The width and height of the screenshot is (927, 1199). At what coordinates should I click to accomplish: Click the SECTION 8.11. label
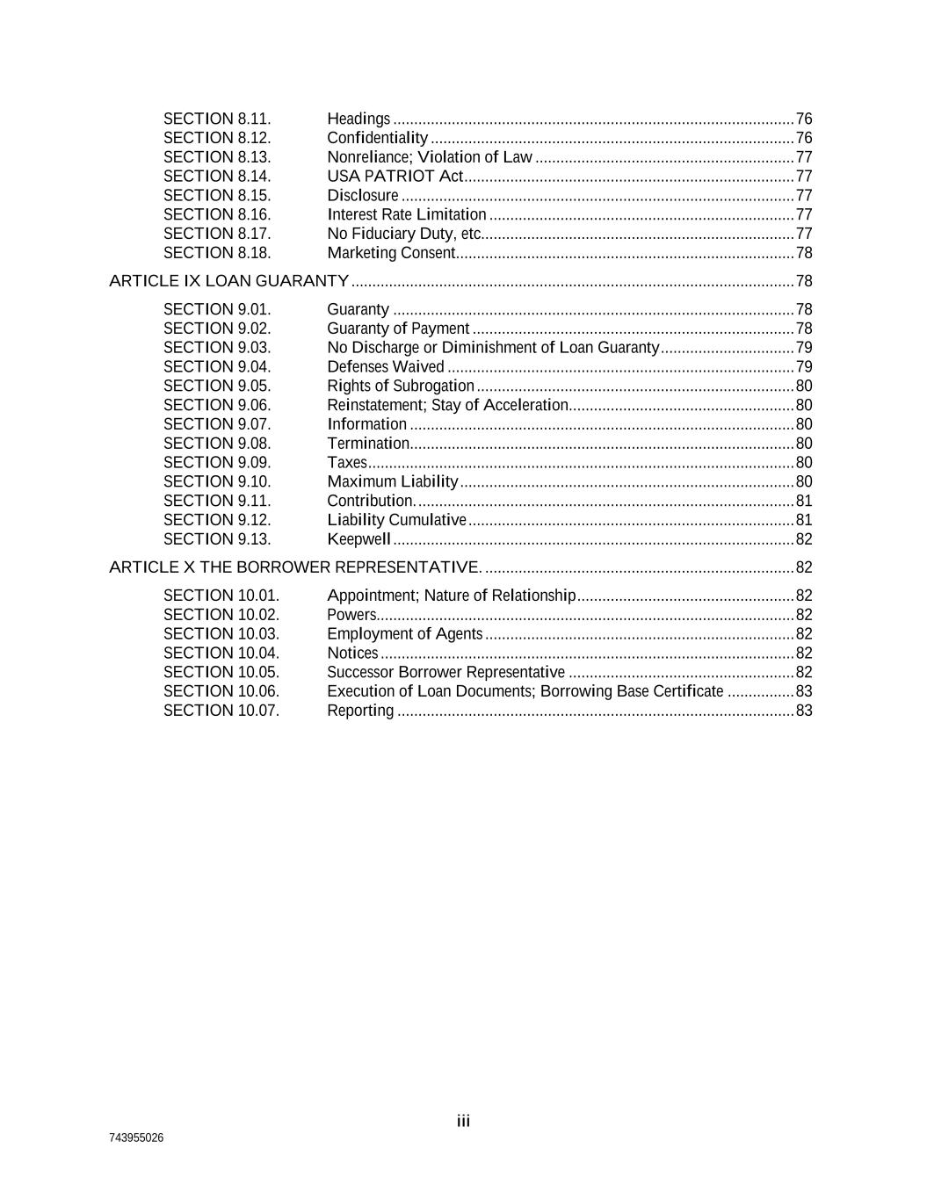pos(217,119)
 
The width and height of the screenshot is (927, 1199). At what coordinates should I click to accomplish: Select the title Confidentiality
pos(377,138)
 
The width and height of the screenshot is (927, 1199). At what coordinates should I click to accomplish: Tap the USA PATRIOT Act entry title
pos(395,176)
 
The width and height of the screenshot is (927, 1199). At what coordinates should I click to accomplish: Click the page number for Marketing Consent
pos(803,253)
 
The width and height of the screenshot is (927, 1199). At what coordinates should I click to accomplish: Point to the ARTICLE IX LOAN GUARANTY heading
pos(228,281)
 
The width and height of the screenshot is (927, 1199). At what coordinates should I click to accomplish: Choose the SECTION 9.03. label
pos(217,348)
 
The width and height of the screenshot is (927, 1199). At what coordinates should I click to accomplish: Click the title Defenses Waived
pos(385,367)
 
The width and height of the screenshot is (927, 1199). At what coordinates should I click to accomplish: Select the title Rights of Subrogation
pos(400,386)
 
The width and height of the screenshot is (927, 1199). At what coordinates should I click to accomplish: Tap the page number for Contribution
pos(803,501)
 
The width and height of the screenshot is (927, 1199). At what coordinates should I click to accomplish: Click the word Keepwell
pos(358,539)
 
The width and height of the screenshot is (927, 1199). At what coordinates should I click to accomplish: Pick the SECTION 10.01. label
pos(221,596)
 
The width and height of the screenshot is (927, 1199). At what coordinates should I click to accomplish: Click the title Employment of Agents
pos(404,634)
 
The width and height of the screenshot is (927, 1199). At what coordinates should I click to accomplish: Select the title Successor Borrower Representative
pos(445,673)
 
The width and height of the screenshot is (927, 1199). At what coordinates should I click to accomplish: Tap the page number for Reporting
pos(803,711)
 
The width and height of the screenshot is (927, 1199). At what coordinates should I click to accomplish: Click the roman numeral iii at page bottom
pos(463,1121)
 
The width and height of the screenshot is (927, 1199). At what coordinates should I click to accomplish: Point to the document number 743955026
pos(136,1138)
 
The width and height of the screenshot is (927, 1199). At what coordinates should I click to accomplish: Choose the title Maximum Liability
pos(392,481)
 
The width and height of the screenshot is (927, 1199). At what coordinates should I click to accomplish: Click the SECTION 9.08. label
pos(217,444)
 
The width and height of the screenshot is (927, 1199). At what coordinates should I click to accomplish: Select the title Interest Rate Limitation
pos(406,214)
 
